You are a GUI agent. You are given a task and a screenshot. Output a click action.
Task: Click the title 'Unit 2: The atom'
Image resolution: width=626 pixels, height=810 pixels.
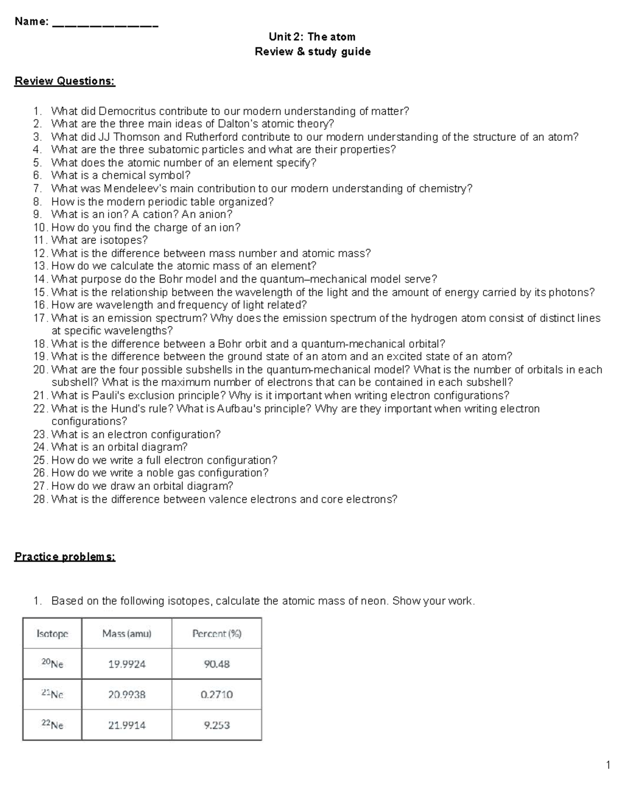tap(312, 37)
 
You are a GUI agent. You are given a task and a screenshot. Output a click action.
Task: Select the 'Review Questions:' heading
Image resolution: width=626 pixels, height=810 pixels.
tap(65, 81)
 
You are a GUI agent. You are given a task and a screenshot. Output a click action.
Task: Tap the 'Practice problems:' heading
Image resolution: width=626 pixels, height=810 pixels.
tap(65, 557)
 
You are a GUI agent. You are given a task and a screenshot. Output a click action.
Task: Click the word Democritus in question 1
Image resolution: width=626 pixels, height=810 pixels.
tap(127, 111)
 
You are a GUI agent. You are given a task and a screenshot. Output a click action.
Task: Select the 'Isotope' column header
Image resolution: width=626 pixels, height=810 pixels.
tap(52, 634)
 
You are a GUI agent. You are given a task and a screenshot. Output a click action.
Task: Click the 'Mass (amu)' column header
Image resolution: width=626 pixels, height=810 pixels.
tap(127, 634)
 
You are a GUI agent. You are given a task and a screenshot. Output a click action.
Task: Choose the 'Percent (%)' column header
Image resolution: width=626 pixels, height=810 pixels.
tap(216, 634)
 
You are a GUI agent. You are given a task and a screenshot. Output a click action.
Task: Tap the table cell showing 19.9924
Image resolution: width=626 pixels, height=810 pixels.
tap(127, 664)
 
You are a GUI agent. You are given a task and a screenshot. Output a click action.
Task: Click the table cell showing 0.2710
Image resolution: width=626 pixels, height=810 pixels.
tap(216, 695)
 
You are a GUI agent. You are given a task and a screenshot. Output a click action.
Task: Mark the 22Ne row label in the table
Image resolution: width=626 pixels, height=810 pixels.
tap(52, 725)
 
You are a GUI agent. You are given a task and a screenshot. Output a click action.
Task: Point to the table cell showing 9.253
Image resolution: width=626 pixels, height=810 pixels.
tap(216, 725)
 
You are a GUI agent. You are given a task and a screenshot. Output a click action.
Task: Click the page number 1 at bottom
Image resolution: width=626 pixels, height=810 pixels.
tap(608, 766)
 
